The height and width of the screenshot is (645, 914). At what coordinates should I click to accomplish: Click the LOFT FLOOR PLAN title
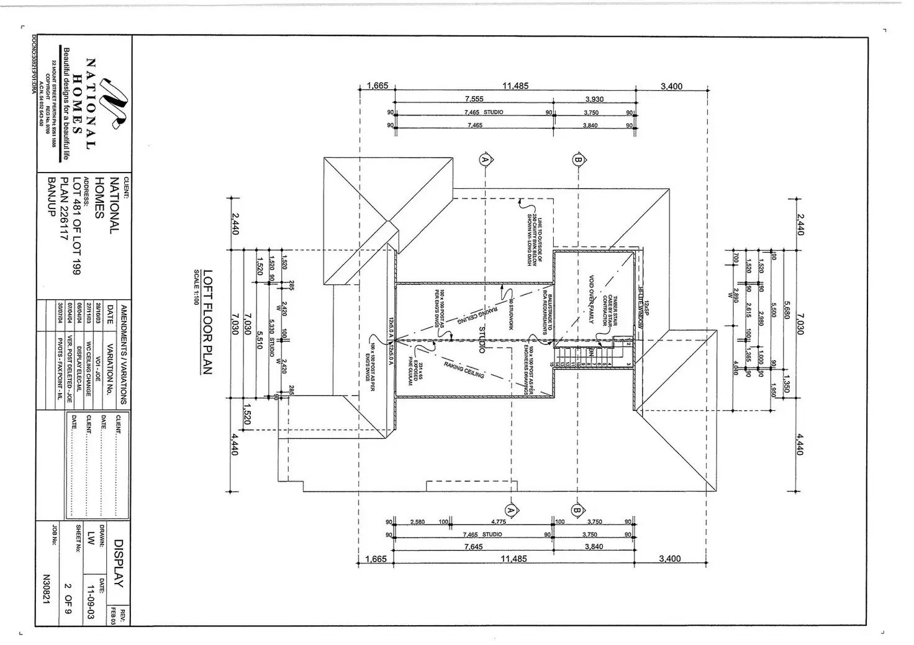click(208, 322)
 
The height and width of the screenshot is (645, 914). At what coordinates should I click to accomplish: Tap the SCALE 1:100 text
click(196, 286)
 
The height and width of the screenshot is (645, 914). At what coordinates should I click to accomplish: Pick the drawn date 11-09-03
click(91, 600)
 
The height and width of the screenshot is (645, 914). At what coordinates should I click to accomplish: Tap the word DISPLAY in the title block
click(119, 563)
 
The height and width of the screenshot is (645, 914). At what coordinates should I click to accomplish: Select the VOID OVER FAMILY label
click(591, 300)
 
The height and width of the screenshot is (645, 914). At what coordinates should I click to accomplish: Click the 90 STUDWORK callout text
click(510, 314)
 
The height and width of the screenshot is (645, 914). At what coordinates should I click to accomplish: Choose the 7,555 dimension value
click(474, 99)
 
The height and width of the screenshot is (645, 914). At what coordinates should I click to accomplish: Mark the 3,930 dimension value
click(594, 99)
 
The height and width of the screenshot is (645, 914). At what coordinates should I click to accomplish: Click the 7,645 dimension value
click(474, 547)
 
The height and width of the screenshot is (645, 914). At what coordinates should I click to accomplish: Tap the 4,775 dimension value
click(498, 522)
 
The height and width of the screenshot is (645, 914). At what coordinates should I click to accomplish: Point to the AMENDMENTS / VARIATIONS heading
click(123, 354)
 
